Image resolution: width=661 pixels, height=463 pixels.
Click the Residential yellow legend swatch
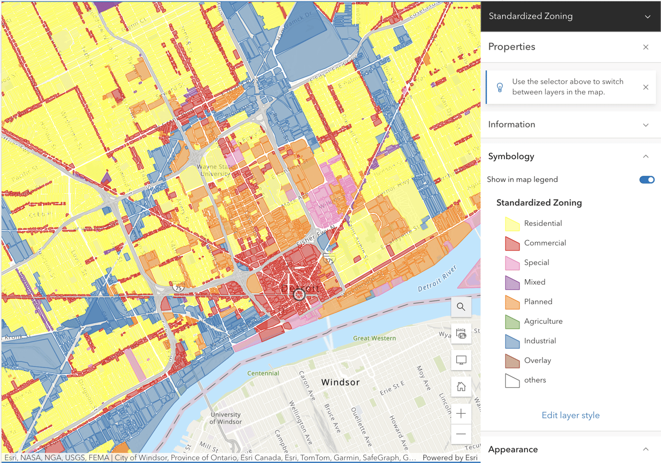[x=512, y=223]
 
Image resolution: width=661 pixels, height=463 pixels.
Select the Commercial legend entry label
[x=545, y=243]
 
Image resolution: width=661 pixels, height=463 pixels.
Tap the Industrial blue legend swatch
[x=512, y=341]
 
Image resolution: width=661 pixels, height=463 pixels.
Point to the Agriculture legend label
[x=543, y=321]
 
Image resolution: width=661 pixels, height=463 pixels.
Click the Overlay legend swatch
[x=512, y=361]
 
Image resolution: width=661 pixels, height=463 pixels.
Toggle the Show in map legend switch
[x=646, y=180]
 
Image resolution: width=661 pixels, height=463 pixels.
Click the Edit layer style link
[x=570, y=415]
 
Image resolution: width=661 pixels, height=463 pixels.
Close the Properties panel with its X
[x=645, y=47]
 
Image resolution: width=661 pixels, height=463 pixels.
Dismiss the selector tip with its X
[x=645, y=87]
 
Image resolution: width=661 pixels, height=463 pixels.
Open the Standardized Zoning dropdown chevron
[x=647, y=17]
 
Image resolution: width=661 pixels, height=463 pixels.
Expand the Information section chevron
[x=645, y=125]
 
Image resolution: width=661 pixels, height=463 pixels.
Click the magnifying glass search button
[x=461, y=307]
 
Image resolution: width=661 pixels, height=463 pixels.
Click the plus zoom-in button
[x=461, y=414]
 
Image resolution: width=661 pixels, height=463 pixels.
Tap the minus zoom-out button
[x=461, y=434]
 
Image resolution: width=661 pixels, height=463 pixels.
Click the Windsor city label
[x=340, y=382]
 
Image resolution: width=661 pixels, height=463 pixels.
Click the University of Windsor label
[x=225, y=418]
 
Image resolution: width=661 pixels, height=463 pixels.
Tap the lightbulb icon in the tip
[x=499, y=87]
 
